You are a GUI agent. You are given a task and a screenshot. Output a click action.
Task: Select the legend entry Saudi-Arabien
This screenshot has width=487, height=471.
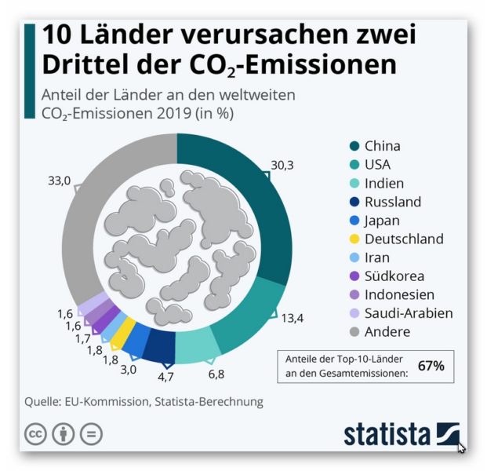tap(409, 313)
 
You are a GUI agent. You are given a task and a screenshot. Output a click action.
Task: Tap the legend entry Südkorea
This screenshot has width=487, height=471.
tap(394, 276)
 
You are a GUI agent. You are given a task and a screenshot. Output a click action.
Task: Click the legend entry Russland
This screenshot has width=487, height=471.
tap(393, 202)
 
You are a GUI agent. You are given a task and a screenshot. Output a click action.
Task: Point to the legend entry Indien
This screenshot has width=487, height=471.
tap(386, 183)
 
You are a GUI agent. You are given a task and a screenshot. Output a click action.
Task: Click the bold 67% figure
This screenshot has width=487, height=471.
tap(431, 366)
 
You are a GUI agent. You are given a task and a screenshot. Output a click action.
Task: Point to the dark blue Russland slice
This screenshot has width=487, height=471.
tap(161, 345)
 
